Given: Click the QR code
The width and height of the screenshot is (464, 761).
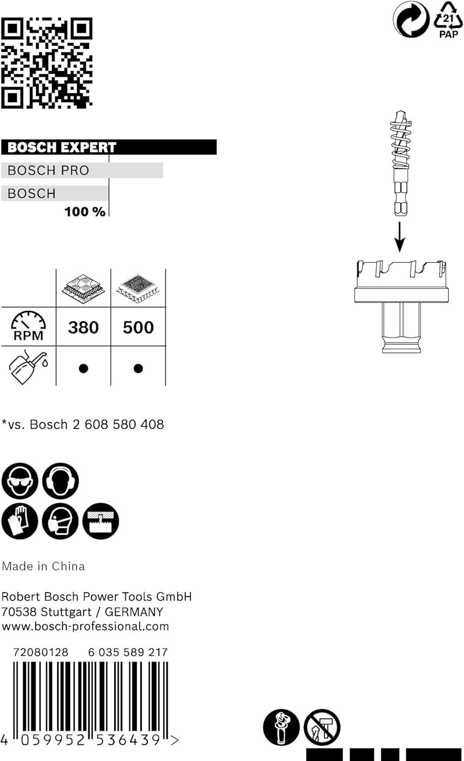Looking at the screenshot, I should coord(47,62).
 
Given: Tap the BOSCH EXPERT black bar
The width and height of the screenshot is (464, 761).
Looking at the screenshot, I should coord(109,147).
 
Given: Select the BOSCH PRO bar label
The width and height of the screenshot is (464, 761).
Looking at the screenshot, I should coord(49,170).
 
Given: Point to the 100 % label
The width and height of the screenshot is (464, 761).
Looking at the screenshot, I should coord(85,212).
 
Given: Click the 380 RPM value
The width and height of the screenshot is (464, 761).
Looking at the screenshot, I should coord(83,327).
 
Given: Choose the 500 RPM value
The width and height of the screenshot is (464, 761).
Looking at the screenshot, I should coord(138,327).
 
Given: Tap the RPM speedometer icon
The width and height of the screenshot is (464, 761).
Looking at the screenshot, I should coord(28,326).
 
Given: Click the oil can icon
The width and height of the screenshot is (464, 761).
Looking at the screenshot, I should coord(28,366).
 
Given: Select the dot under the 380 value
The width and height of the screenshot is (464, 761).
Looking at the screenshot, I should coord(83,368).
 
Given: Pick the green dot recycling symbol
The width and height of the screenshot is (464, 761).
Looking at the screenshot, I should coord(411,19).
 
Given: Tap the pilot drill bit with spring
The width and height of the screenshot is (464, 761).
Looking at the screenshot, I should coord(401,162).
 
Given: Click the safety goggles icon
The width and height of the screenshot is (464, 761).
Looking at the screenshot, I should coord(20,480).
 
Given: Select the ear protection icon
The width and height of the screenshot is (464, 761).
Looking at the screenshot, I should coord(60,480).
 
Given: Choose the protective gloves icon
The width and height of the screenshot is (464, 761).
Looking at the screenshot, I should coord(20,521).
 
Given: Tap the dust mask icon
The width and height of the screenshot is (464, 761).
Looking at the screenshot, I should coord(60,521).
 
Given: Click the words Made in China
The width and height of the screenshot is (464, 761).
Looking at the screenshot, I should coord(44,566).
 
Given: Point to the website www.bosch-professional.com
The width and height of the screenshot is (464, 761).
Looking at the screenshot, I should coord(85,627).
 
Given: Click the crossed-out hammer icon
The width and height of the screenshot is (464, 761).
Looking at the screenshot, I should coord(322,727).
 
